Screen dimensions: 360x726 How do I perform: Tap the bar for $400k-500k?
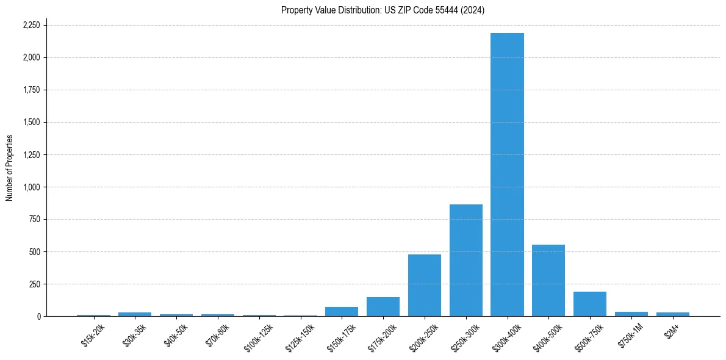548,281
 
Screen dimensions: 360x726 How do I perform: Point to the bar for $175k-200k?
383,307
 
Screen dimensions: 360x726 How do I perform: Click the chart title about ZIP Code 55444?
383,10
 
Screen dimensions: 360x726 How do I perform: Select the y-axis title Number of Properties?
10,168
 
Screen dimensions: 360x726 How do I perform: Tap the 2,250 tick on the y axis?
31,25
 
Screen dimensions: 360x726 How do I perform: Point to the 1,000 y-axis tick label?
31,187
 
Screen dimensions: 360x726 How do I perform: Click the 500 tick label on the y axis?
35,252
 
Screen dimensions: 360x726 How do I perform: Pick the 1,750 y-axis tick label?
31,90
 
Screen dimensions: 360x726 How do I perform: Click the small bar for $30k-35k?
135,314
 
